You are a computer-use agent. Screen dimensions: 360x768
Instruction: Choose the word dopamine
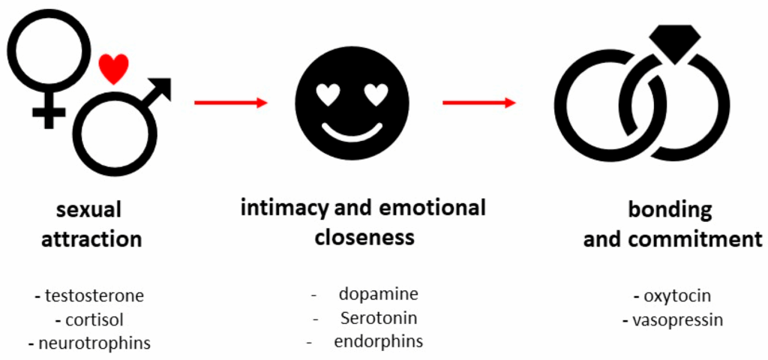(x=378, y=293)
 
